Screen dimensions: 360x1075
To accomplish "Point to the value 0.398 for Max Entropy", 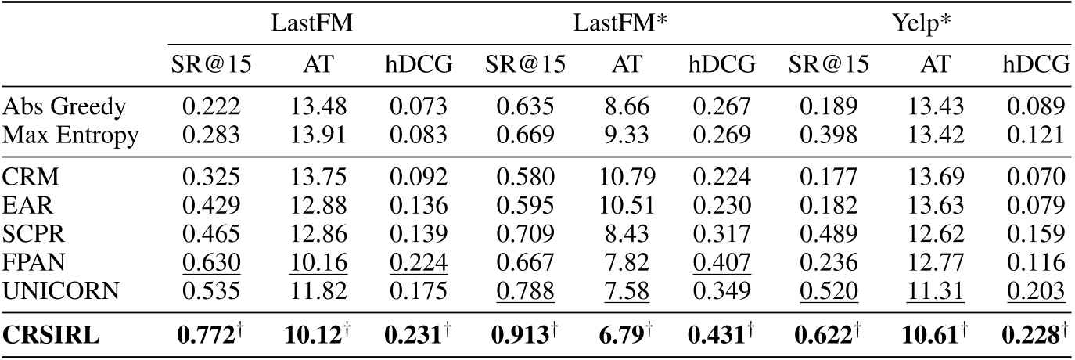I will point(827,135).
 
